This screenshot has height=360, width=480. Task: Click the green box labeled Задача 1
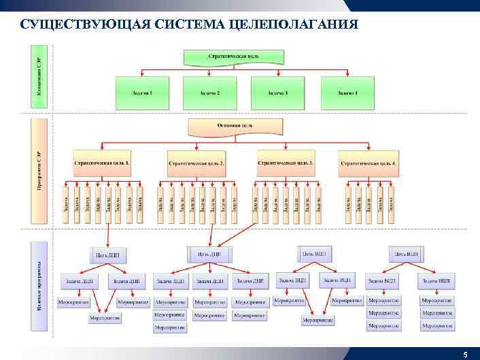tap(141, 93)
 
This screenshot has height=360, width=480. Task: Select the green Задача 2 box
tap(209, 93)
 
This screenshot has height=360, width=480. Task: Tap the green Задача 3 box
tap(277, 93)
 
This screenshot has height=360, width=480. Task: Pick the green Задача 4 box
tap(348, 93)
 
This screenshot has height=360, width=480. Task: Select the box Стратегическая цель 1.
tap(102, 164)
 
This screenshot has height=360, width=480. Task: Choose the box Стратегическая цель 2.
tap(196, 164)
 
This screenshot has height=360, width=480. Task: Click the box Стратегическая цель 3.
tap(286, 163)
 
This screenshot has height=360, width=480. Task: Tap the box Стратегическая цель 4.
tap(368, 164)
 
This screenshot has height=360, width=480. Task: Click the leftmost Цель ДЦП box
tap(107, 255)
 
